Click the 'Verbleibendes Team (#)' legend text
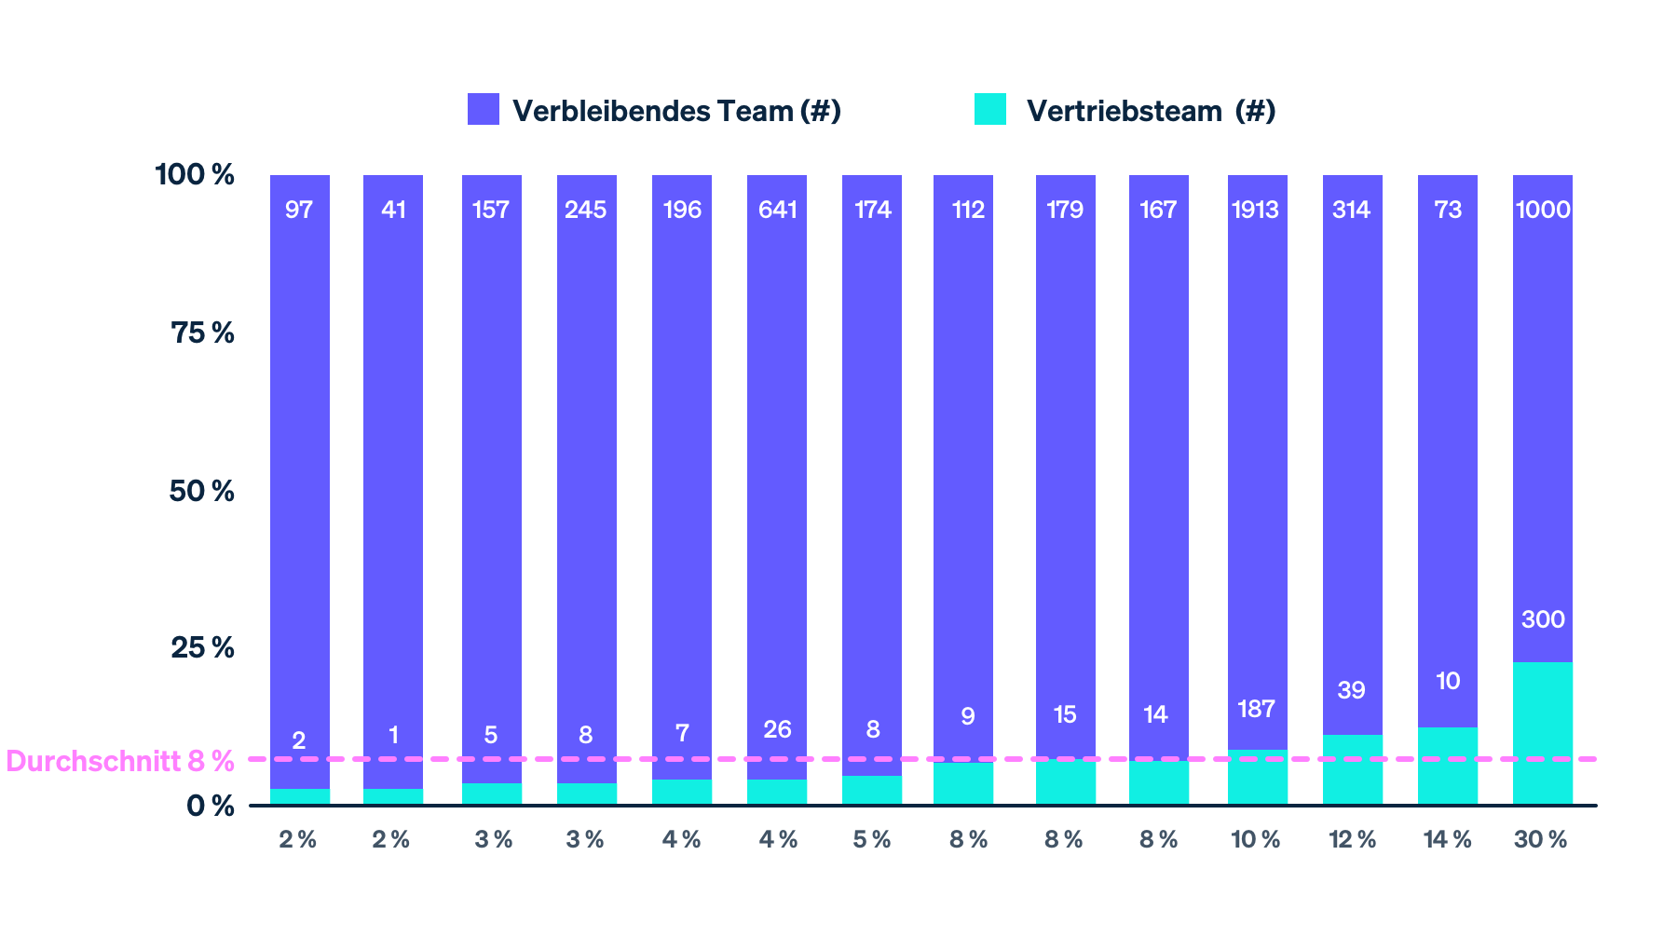pos(676,111)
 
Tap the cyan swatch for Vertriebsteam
pos(990,109)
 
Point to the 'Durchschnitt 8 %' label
pos(119,761)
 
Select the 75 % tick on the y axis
pos(202,332)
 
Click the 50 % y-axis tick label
pos(201,491)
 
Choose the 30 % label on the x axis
pos(1541,839)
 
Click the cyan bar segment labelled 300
pos(1542,733)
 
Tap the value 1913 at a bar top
pos(1255,210)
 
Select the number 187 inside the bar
pos(1256,709)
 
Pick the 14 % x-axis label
pos(1447,839)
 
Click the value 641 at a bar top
pos(777,210)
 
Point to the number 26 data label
pos(777,729)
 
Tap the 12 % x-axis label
pos(1352,839)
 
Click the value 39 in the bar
pos(1351,690)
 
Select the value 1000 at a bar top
pos(1543,210)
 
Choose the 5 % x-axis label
pos(872,839)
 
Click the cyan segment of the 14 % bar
pos(1447,766)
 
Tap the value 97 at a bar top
pos(299,210)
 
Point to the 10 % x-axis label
pos(1256,839)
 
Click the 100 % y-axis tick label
pos(195,174)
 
